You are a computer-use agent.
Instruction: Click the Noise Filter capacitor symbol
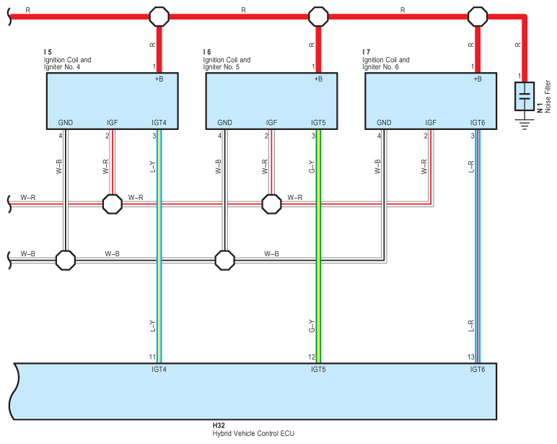tap(525, 97)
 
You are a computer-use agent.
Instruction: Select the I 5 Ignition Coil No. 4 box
tap(112, 100)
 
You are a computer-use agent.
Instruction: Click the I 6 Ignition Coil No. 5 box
tap(271, 100)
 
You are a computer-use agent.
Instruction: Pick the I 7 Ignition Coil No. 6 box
tap(430, 100)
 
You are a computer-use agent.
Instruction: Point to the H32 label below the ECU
tap(218, 426)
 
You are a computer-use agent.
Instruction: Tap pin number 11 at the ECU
tap(153, 357)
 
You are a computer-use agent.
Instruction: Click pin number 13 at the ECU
tap(472, 357)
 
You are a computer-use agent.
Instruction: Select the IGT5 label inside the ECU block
tap(318, 369)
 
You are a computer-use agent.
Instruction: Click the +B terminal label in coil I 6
tap(318, 79)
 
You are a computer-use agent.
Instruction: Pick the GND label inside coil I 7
tap(384, 123)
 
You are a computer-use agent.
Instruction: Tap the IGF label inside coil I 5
tap(113, 123)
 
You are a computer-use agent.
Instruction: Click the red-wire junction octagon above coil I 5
tap(159, 16)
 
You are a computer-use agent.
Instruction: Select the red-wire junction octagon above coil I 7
tap(477, 16)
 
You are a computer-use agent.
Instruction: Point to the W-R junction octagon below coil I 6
tap(271, 204)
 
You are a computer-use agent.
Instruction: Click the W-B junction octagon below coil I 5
tap(66, 259)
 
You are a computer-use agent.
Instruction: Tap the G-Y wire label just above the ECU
tap(312, 326)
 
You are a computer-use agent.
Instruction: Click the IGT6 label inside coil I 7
tap(477, 123)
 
